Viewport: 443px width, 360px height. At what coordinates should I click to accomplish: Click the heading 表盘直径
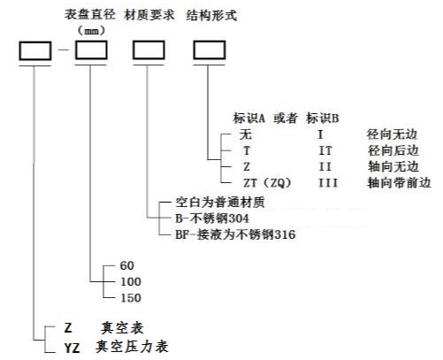(90, 14)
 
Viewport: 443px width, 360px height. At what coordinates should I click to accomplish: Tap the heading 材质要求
(149, 15)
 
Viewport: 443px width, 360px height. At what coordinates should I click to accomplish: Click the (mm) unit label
(91, 30)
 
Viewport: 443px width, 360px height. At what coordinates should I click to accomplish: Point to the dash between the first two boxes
(64, 50)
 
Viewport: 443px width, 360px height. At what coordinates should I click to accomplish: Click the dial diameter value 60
(127, 265)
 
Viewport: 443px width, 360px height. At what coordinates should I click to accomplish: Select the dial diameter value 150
(131, 298)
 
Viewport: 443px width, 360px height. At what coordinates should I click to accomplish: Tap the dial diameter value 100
(131, 281)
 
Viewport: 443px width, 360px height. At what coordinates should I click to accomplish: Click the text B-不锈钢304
(212, 218)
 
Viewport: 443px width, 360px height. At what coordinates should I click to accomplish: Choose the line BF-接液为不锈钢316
(235, 234)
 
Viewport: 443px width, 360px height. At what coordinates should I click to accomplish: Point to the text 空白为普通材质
(220, 203)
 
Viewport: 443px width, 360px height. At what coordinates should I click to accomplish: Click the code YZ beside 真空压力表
(73, 349)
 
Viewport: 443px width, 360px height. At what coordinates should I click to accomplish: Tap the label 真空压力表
(132, 347)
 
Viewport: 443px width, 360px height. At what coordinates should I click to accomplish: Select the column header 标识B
(323, 119)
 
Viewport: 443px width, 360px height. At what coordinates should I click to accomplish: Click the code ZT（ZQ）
(267, 183)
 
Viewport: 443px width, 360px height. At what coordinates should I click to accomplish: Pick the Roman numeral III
(328, 183)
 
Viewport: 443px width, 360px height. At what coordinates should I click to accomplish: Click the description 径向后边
(393, 150)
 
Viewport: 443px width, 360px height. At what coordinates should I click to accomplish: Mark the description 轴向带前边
(399, 183)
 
